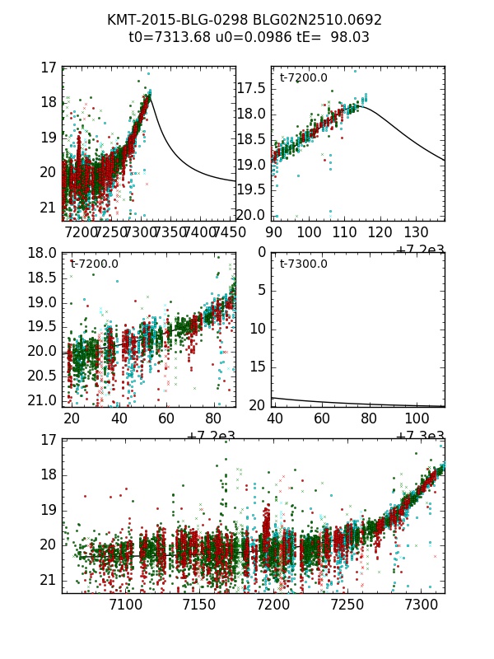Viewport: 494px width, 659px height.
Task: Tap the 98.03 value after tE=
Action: [350, 37]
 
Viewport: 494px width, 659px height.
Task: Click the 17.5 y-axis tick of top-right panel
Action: [250, 88]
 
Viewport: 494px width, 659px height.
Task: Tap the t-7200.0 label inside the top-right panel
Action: [304, 78]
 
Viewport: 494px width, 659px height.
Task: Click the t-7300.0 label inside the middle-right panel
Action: [304, 264]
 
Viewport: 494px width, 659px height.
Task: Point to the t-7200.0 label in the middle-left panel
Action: [94, 264]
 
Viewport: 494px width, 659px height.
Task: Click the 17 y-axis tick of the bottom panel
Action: [48, 439]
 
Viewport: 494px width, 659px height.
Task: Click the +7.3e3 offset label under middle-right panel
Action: [420, 436]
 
